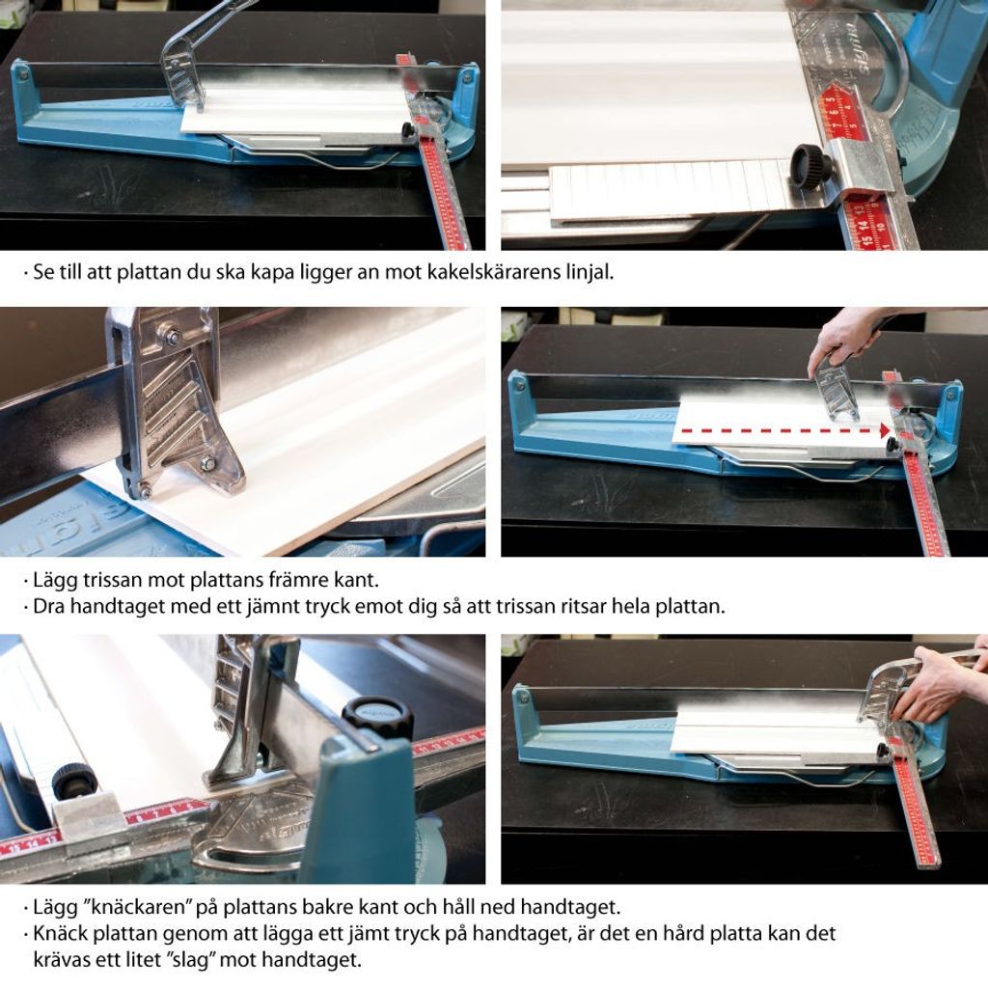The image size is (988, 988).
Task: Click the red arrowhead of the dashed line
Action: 885,431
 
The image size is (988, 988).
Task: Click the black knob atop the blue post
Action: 377,717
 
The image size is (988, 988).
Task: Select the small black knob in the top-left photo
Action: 408,130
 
